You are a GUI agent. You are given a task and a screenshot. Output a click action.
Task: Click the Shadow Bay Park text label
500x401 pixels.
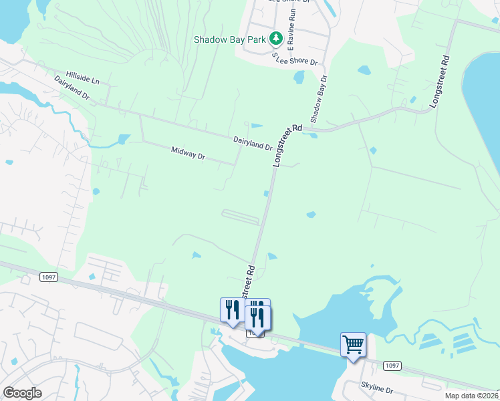(230, 39)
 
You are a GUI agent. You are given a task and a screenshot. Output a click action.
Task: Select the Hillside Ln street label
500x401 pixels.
(82, 78)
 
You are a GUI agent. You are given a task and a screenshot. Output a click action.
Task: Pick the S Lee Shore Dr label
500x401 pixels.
(294, 61)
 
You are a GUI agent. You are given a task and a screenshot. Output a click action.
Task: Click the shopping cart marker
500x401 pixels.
(353, 345)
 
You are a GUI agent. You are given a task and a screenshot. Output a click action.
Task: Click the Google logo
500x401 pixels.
(22, 392)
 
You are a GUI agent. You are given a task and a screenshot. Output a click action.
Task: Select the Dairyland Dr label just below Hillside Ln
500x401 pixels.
(72, 88)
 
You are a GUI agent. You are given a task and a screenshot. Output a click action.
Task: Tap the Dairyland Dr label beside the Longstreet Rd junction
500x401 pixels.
(252, 142)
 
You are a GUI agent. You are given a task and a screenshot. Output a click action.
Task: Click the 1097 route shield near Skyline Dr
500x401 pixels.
(392, 365)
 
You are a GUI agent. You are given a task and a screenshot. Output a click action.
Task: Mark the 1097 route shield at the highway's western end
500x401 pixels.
(48, 277)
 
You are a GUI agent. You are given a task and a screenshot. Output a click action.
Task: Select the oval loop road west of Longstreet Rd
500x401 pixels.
(240, 217)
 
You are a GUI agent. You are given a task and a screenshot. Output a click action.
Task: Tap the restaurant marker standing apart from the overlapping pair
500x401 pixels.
(231, 309)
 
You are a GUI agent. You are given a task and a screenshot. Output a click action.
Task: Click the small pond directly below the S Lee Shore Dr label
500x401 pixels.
(299, 77)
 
